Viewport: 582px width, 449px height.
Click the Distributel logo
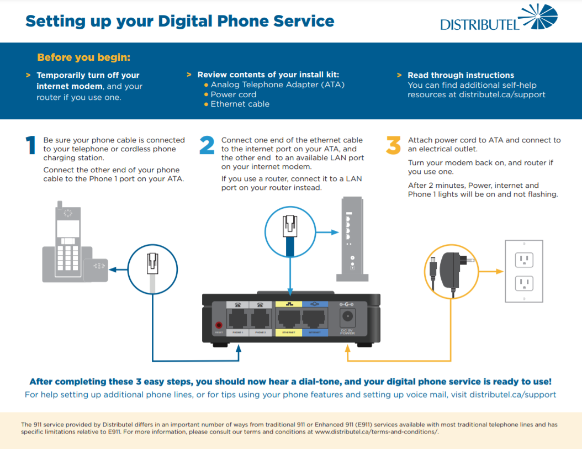coord(499,18)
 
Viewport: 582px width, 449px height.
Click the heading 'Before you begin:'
coord(83,57)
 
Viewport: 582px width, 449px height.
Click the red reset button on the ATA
coord(219,326)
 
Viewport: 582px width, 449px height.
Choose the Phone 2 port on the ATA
coord(260,319)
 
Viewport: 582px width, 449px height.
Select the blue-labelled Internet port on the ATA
coord(314,319)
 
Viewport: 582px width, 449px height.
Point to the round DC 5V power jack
coord(348,316)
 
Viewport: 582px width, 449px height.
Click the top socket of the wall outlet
coord(523,259)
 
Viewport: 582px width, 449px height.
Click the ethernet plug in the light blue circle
coord(290,230)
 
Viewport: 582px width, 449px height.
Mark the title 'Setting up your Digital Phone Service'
coord(180,22)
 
